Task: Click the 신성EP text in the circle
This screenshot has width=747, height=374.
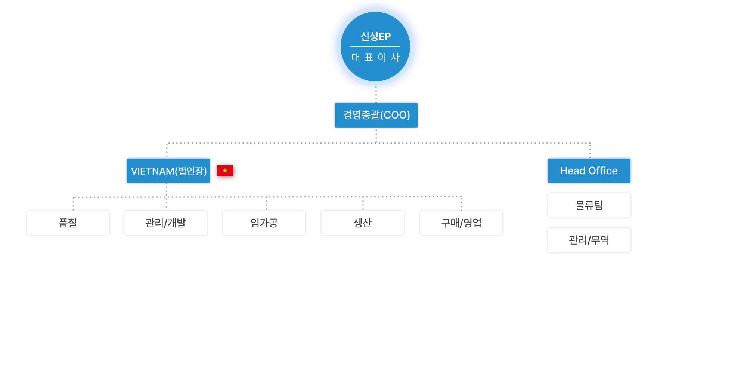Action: [x=375, y=36]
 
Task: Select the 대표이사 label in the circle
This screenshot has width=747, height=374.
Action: [x=375, y=57]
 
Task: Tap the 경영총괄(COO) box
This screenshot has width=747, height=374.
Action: [x=376, y=115]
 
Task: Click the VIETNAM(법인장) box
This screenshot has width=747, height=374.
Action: [x=168, y=171]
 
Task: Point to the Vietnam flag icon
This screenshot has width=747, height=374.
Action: [x=225, y=171]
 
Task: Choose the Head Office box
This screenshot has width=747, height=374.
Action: [x=589, y=171]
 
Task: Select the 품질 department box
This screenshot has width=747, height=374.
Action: [x=68, y=223]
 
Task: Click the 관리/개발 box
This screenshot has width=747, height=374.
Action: [x=165, y=223]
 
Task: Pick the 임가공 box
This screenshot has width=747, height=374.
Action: [x=264, y=223]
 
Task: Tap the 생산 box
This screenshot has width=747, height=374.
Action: [x=363, y=223]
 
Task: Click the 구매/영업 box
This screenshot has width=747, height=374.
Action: [x=461, y=223]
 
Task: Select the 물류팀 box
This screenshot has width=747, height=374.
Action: [x=589, y=205]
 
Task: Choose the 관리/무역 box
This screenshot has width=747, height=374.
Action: [x=589, y=240]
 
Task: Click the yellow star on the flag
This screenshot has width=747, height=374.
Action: [x=225, y=171]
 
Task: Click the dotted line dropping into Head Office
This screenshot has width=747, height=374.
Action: [x=590, y=150]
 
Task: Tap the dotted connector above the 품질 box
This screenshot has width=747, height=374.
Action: [x=73, y=203]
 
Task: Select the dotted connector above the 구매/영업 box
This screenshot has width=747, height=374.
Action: [x=461, y=203]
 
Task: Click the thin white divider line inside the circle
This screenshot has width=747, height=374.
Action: [x=375, y=47]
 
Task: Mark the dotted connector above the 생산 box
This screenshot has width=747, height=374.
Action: [x=363, y=203]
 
